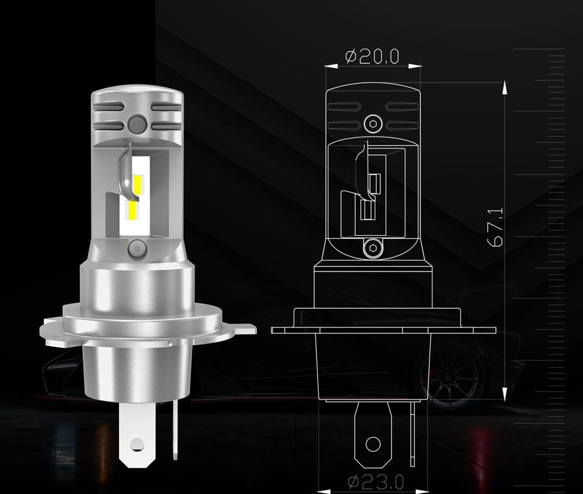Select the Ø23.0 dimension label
point(376,482)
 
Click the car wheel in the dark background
point(448,381)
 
